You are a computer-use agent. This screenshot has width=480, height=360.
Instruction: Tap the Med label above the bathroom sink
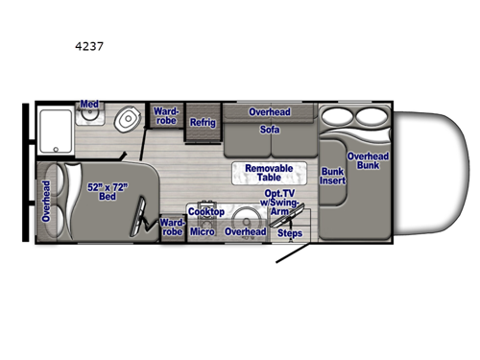pyautogui.click(x=89, y=104)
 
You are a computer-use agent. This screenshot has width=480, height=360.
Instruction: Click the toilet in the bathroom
pyautogui.click(x=126, y=121)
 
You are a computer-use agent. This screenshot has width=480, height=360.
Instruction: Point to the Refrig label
pyautogui.click(x=203, y=123)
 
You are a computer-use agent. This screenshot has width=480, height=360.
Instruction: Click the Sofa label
pyautogui.click(x=270, y=129)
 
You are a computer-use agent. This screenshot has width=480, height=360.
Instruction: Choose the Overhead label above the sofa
pyautogui.click(x=270, y=112)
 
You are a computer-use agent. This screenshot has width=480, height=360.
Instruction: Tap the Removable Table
pyautogui.click(x=269, y=174)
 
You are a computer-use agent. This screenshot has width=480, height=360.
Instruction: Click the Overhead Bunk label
pyautogui.click(x=367, y=161)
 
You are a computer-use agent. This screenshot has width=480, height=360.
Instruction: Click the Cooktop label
pyautogui.click(x=205, y=211)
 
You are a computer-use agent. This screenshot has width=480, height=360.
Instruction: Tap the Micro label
pyautogui.click(x=202, y=231)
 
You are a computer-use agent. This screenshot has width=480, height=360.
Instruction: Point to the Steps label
pyautogui.click(x=289, y=233)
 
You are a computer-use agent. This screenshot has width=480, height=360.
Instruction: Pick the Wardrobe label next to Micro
pyautogui.click(x=172, y=226)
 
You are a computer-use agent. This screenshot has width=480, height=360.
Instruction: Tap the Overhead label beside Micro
pyautogui.click(x=245, y=231)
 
